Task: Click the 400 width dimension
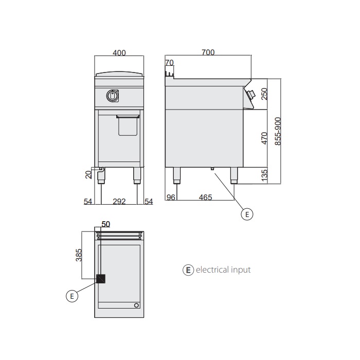pos(119,53)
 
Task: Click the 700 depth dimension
pos(208,52)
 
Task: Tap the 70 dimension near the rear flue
pos(169,62)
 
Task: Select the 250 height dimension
pos(264,94)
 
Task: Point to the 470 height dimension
pos(264,138)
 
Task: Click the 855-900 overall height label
pos(278,131)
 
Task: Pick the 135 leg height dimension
pos(264,176)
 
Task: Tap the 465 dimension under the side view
pos(206,197)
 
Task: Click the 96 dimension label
pos(171,197)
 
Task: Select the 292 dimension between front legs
pos(119,202)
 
